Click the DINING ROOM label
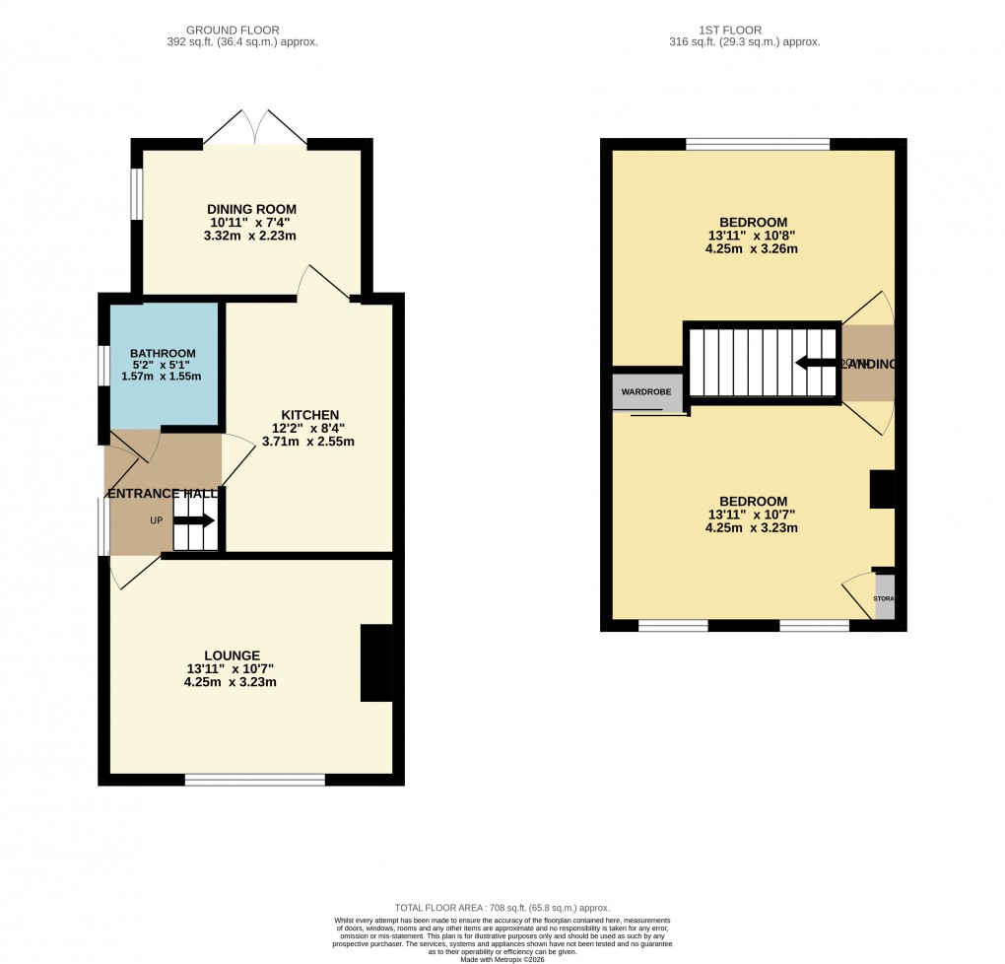(251, 209)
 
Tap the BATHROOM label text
(163, 353)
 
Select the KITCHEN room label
(310, 415)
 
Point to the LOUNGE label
(232, 655)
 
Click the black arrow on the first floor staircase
(815, 363)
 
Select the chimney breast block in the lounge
(376, 663)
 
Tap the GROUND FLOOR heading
(242, 31)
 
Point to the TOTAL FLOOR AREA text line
(502, 908)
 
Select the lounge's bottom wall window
(254, 780)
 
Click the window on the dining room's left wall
(137, 191)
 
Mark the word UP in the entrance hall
(156, 520)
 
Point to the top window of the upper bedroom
(757, 144)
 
